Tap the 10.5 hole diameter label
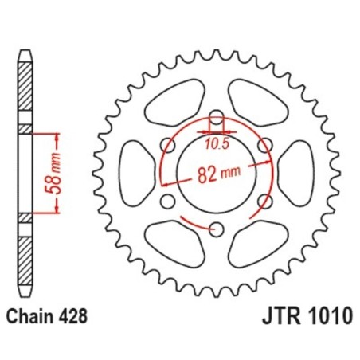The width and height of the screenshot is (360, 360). tap(216, 143)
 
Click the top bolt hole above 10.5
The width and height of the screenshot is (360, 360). tap(217, 116)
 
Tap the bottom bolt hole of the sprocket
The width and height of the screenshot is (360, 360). tap(217, 229)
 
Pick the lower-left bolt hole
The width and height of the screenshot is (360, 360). tap(167, 201)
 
